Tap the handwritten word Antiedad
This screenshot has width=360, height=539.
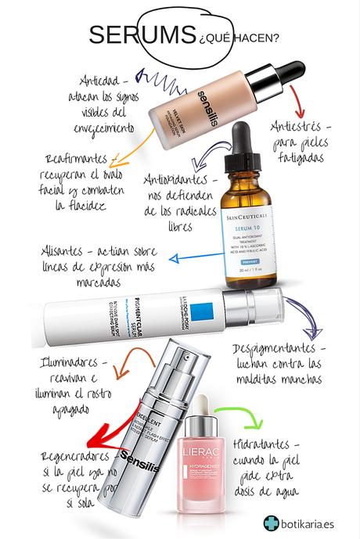[105, 80]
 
